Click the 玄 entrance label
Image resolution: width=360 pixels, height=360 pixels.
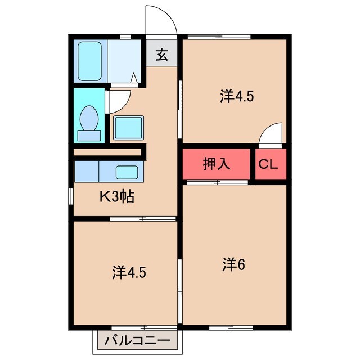(x=162, y=55)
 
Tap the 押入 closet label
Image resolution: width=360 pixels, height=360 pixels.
(x=216, y=164)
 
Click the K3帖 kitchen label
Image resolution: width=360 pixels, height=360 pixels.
(x=116, y=197)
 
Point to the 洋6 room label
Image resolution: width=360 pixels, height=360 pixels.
(x=233, y=263)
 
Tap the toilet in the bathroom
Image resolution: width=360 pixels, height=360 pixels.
(x=89, y=121)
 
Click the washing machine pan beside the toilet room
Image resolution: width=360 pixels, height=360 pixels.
(x=129, y=127)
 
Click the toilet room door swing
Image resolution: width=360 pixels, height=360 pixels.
(x=118, y=100)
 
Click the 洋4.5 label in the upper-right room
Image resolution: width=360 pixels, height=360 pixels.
(x=237, y=96)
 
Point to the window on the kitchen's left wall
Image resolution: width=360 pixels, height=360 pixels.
(x=70, y=197)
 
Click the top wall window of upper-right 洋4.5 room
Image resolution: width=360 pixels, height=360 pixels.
(x=219, y=37)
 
